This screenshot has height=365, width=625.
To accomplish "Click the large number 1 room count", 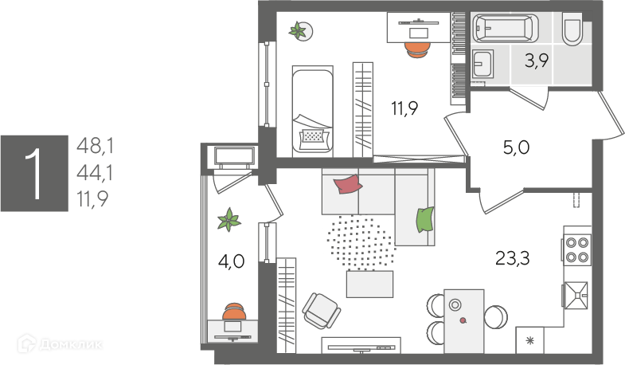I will pos(33,173).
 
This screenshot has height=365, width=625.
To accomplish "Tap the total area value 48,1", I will pos(95,146).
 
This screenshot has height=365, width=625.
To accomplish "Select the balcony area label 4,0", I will pos(231,262).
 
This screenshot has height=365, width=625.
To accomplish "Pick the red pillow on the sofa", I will pos(347,186).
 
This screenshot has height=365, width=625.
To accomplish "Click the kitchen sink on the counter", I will pos(576,294).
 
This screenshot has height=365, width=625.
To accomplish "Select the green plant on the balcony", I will pos(230,219).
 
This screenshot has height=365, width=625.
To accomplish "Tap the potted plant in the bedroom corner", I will pos(300,31).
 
